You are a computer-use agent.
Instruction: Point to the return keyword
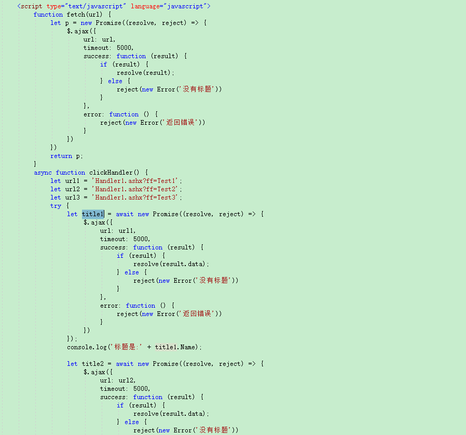(61, 156)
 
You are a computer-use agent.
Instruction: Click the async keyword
(43, 173)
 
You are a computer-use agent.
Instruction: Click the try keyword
(56, 206)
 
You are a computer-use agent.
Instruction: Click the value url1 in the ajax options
(127, 231)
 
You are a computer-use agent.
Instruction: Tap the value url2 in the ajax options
(127, 380)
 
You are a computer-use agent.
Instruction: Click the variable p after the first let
(67, 23)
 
